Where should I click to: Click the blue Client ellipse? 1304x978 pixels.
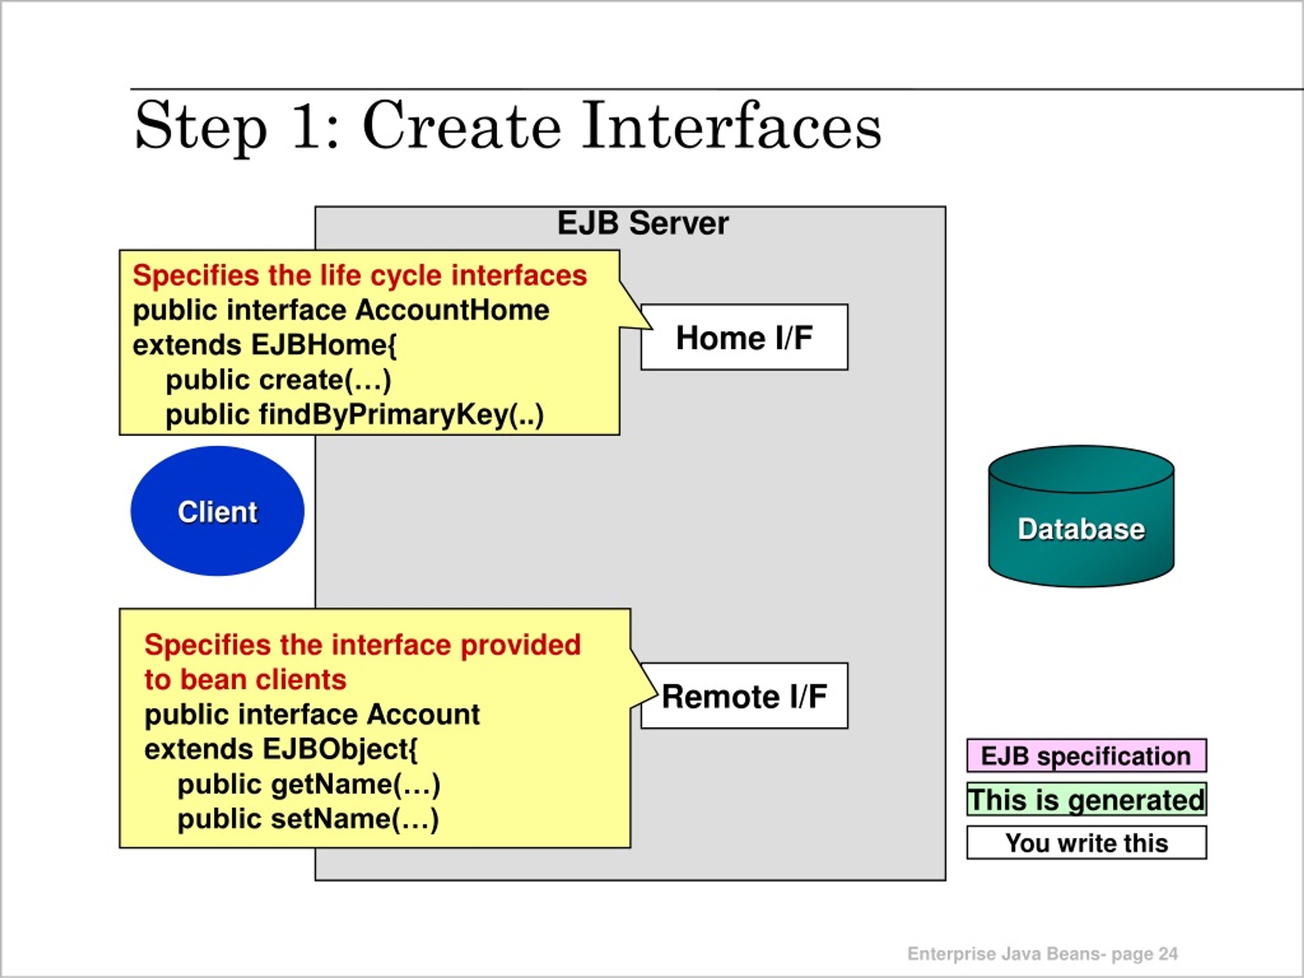coord(218,510)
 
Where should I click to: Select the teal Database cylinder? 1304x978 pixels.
coord(1081,516)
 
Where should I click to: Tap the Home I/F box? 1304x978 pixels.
coord(745,337)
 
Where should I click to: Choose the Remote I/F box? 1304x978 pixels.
coord(745,696)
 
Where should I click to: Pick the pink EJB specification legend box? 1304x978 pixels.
coord(1086,755)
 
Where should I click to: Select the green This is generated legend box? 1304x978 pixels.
coord(1086,799)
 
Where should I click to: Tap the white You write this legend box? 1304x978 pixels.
coord(1086,843)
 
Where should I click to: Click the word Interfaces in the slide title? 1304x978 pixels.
coord(731,126)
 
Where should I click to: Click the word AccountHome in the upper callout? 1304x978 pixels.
coord(452,310)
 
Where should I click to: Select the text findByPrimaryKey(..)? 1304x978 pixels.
coord(401,415)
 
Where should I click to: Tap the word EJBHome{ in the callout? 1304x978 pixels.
coord(323,345)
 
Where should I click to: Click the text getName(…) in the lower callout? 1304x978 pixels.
coord(356,784)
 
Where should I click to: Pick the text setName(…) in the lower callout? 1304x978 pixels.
coord(355,819)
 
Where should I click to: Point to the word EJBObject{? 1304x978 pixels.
coord(340,750)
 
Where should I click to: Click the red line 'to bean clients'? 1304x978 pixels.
coord(245,679)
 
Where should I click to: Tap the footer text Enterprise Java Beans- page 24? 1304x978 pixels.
coord(1042,954)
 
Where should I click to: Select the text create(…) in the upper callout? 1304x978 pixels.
coord(325,380)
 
